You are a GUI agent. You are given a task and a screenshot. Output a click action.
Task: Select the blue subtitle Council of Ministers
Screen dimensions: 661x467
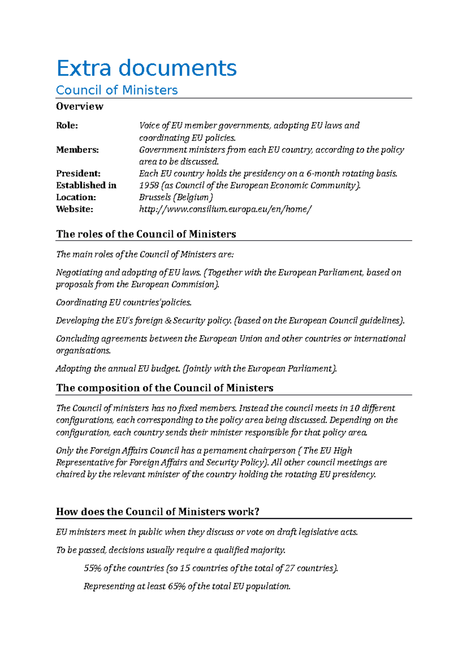pyautogui.click(x=117, y=90)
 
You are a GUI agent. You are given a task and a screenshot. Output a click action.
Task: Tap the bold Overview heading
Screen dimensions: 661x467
pyautogui.click(x=79, y=106)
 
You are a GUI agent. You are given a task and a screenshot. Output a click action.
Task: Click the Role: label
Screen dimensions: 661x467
pyautogui.click(x=67, y=125)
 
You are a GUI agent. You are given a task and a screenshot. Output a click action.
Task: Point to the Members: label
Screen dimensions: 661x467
pyautogui.click(x=77, y=149)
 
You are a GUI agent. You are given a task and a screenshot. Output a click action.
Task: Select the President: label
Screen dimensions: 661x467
pyautogui.click(x=78, y=173)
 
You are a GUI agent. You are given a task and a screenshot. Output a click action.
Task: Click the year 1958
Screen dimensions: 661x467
pyautogui.click(x=149, y=185)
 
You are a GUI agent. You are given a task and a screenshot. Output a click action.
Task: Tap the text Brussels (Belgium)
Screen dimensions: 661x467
pyautogui.click(x=176, y=197)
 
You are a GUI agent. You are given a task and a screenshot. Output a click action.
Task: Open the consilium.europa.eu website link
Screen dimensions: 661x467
pyautogui.click(x=225, y=209)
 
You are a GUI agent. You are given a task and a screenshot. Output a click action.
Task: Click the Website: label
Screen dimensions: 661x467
pyautogui.click(x=74, y=209)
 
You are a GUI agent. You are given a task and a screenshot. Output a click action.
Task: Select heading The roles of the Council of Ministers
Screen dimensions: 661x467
pyautogui.click(x=146, y=234)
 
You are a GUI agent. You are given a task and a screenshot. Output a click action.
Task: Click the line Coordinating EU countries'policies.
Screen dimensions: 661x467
pyautogui.click(x=124, y=302)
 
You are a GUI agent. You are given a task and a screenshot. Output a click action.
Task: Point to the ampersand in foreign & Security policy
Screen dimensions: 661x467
pyautogui.click(x=168, y=321)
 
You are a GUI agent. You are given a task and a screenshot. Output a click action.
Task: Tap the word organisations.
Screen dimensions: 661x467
pyautogui.click(x=83, y=351)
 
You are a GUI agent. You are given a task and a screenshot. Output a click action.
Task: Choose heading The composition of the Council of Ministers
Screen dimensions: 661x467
pyautogui.click(x=165, y=388)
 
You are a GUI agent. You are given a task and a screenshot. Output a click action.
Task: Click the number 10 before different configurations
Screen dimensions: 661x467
pyautogui.click(x=354, y=408)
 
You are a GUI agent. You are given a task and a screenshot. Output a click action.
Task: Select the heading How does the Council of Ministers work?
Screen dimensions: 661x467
pyautogui.click(x=158, y=512)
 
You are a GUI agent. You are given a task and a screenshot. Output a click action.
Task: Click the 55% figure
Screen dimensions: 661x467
pyautogui.click(x=93, y=568)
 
